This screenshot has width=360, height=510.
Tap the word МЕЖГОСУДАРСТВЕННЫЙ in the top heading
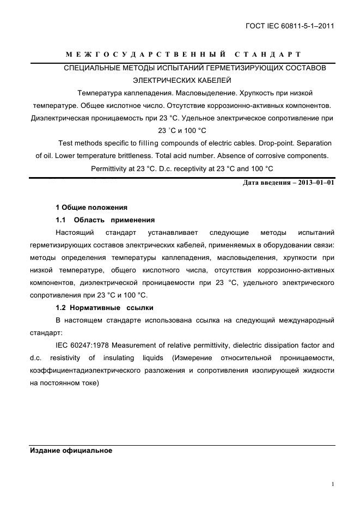point(143,55)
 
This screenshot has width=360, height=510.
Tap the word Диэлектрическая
point(58,118)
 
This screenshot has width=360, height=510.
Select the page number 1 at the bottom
point(332,484)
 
